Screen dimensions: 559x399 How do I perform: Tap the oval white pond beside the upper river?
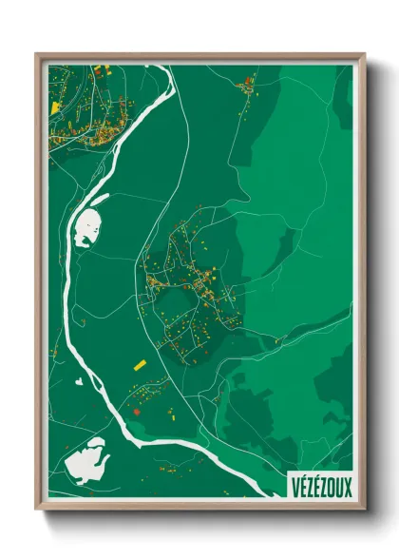[x=88, y=227]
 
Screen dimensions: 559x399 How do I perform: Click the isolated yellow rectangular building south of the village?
[x=139, y=364]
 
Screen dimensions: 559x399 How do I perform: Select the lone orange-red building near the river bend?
[x=135, y=412]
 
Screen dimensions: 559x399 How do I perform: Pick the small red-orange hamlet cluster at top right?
[x=248, y=87]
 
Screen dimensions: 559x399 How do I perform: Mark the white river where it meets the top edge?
[x=174, y=67]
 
